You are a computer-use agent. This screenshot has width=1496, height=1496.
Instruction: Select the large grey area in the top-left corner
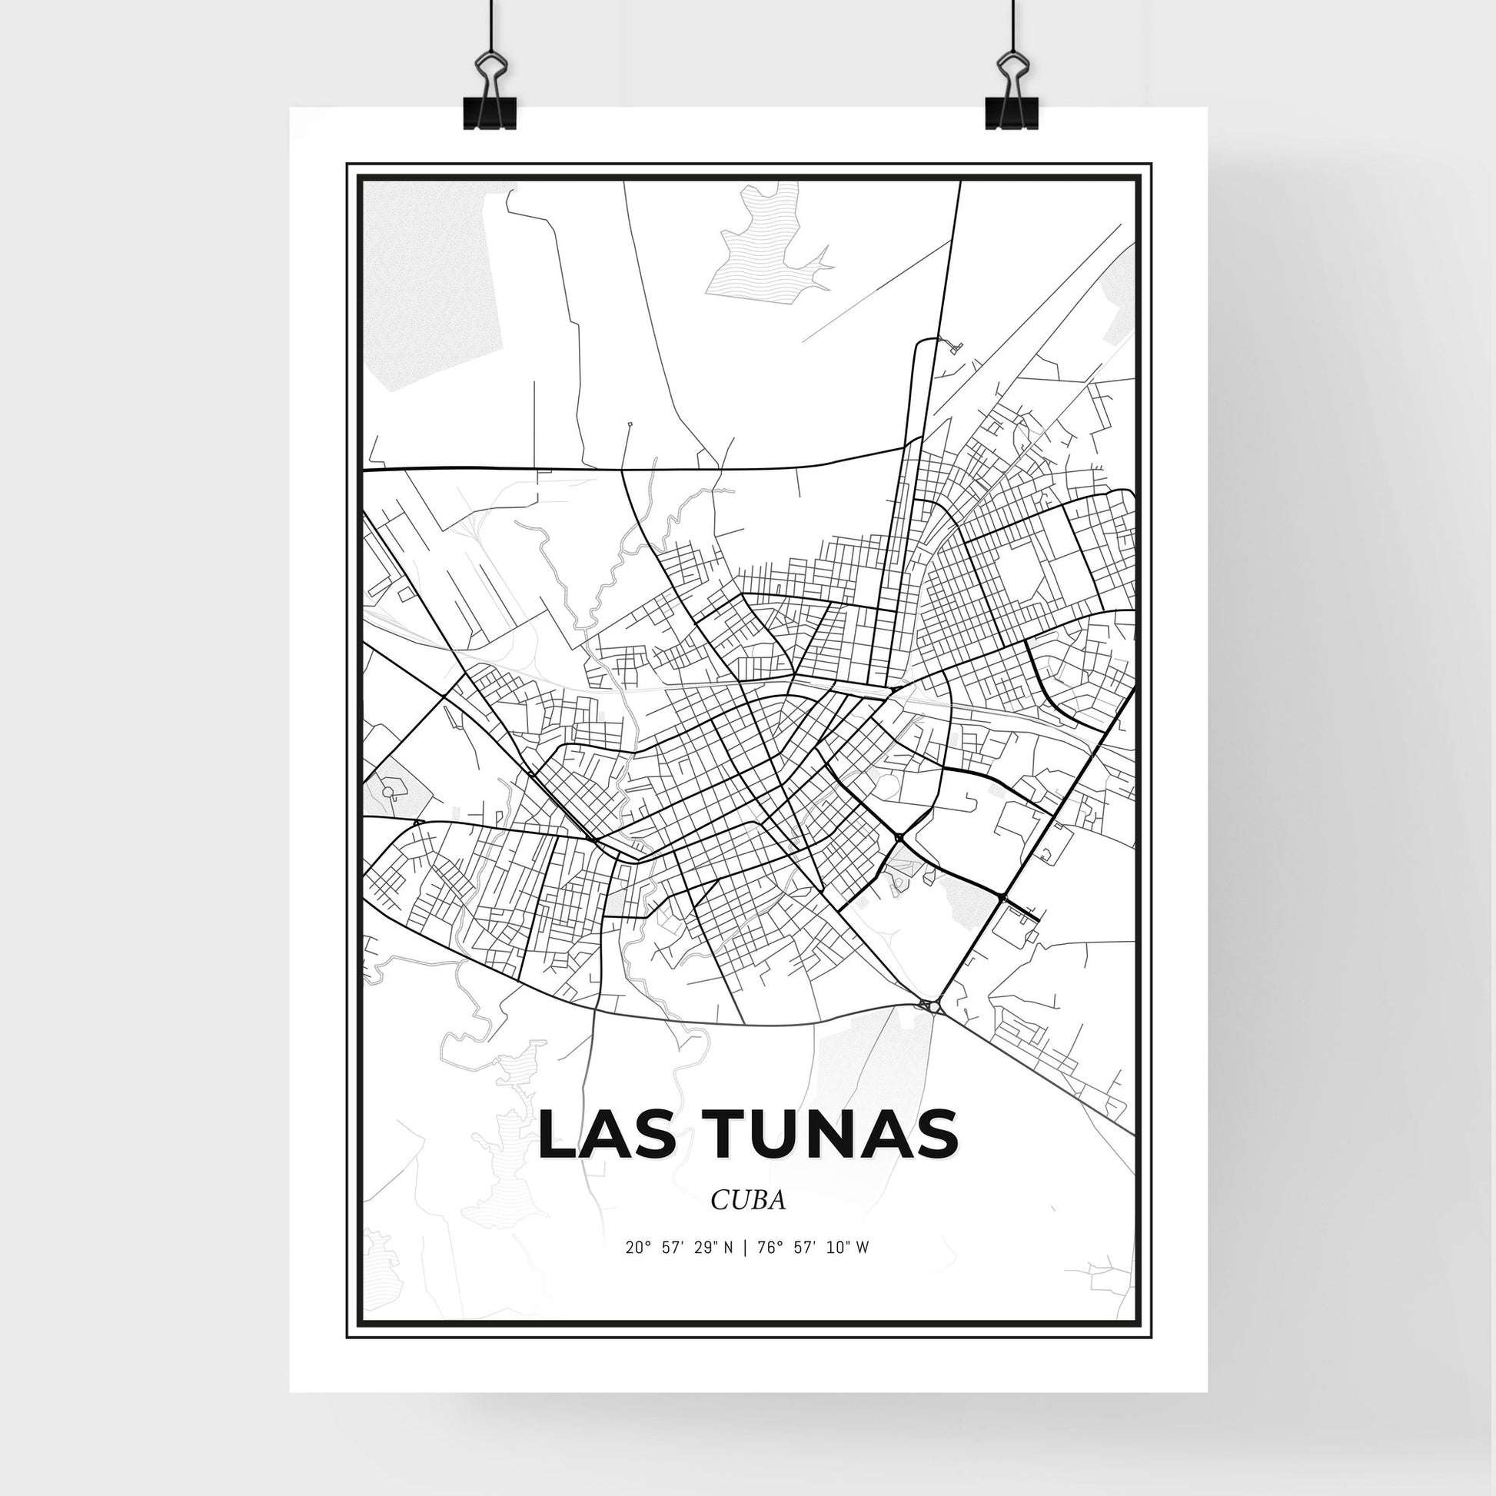pyautogui.click(x=434, y=279)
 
